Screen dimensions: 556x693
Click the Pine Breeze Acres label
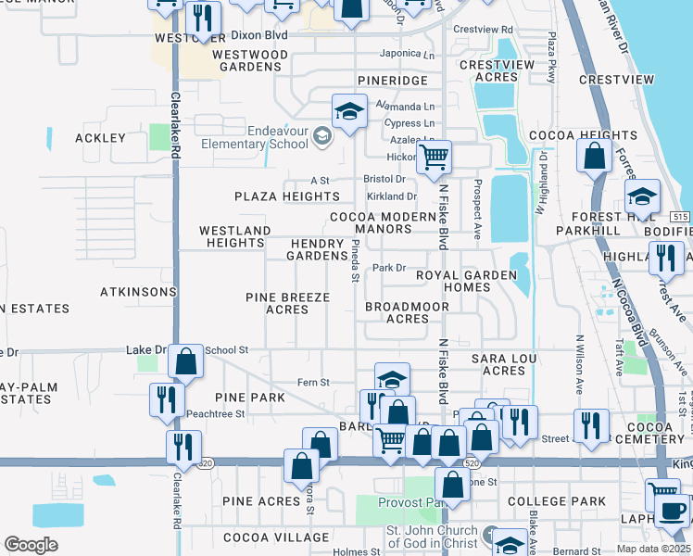click(287, 303)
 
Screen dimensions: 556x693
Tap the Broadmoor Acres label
click(397, 312)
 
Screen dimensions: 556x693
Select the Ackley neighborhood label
click(100, 137)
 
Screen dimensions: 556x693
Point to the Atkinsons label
click(138, 291)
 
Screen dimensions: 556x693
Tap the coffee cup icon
click(672, 510)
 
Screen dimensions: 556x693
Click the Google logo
click(31, 545)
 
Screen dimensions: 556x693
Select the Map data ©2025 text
click(653, 549)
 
